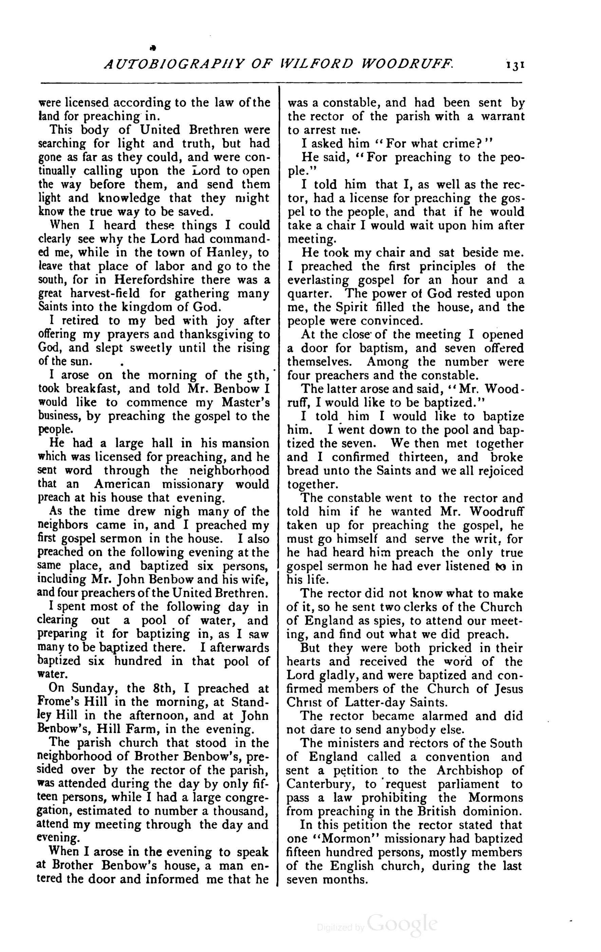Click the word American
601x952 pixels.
click(122, 484)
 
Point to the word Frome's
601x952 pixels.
click(60, 702)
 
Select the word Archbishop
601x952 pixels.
click(470, 770)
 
